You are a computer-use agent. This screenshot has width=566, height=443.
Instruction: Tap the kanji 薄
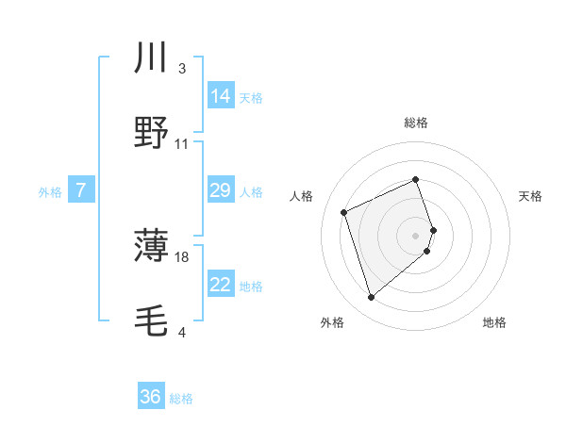(x=152, y=248)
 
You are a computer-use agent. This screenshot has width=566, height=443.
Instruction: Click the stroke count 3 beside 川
(x=182, y=69)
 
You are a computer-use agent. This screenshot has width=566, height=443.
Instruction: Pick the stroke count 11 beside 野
(x=182, y=143)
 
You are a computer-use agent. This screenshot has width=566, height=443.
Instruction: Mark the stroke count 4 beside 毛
(x=182, y=332)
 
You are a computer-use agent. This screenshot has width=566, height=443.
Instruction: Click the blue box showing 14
(x=221, y=95)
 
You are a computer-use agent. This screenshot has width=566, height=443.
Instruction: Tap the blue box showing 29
(x=221, y=191)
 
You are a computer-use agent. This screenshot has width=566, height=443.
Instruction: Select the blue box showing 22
(x=221, y=285)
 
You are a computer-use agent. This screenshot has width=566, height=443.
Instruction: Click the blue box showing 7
(x=81, y=191)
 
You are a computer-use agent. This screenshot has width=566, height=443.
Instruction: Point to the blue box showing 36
(x=151, y=397)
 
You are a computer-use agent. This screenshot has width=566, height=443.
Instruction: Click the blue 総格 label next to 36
(x=181, y=399)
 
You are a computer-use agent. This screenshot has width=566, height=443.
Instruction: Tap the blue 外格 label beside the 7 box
(x=50, y=192)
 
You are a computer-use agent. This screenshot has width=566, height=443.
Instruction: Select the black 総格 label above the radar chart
(x=416, y=123)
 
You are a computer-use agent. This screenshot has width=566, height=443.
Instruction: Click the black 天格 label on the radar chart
(x=531, y=196)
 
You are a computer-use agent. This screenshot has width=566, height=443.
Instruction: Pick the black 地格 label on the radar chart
(x=494, y=322)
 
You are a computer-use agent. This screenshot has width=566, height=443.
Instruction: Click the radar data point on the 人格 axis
(x=345, y=211)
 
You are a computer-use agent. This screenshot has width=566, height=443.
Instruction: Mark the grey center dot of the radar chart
(x=416, y=234)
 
